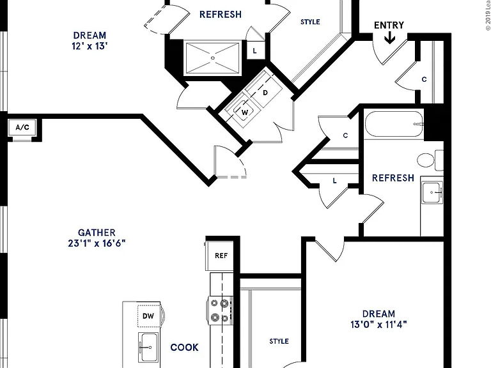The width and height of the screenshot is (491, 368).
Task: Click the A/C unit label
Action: pos(22,127)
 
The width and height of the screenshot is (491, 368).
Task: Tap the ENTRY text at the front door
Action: pos(389,25)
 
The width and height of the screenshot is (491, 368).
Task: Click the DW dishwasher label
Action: pos(148,316)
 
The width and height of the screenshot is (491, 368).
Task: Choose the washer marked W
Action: pos(245,112)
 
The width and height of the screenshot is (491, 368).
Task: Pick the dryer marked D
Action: pos(265,93)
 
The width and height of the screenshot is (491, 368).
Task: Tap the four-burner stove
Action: pos(219,310)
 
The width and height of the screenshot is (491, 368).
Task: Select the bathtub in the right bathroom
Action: pos(394,124)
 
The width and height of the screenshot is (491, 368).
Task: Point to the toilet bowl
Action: pos(426,160)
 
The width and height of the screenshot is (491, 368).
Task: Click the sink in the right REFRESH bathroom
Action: pos(432,192)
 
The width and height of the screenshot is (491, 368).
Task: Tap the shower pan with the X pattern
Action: pos(213,58)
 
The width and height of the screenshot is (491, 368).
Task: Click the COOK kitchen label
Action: pos(184,348)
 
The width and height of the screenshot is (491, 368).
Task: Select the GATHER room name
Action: pos(97,233)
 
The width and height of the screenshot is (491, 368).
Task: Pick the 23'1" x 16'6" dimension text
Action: pos(97,243)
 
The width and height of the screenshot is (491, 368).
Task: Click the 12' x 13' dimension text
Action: pos(90,46)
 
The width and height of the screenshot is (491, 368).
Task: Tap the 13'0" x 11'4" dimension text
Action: pos(378,325)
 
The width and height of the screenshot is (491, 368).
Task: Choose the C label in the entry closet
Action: pos(424,79)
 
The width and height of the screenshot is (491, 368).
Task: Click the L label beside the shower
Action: pos(254,50)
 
